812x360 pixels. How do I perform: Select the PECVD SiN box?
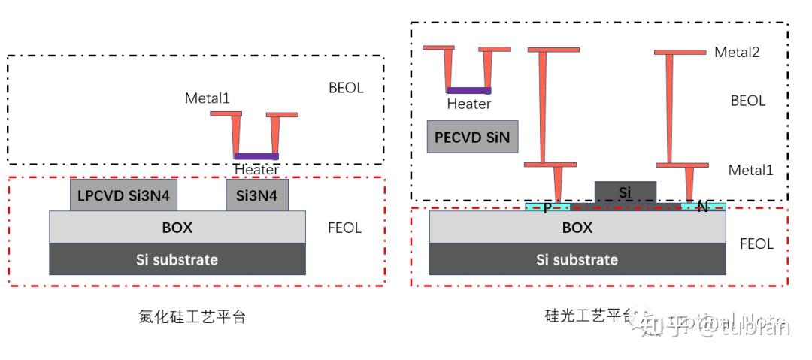(x=472, y=137)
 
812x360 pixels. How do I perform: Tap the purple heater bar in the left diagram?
(x=256, y=156)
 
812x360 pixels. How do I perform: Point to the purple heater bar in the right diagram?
(x=469, y=91)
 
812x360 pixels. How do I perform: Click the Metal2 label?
(x=736, y=52)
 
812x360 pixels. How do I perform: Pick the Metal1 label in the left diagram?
(x=207, y=98)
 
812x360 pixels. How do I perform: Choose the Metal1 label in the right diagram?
(x=750, y=170)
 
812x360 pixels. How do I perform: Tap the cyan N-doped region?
(x=703, y=207)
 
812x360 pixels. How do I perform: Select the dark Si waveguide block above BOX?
(x=625, y=192)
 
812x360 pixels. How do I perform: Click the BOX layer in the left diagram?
(x=177, y=227)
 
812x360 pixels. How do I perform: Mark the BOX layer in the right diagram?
(x=577, y=227)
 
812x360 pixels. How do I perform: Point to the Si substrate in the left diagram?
(x=177, y=259)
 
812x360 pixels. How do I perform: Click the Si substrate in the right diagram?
(x=577, y=259)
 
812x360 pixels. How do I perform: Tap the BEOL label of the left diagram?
(x=346, y=88)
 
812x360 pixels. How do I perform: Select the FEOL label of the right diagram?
(x=756, y=244)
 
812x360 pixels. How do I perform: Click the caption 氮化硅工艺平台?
(x=193, y=316)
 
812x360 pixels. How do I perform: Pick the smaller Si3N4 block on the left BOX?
(x=256, y=196)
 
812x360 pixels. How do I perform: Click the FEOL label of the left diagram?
(x=344, y=228)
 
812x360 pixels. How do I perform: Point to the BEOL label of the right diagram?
(x=747, y=101)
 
